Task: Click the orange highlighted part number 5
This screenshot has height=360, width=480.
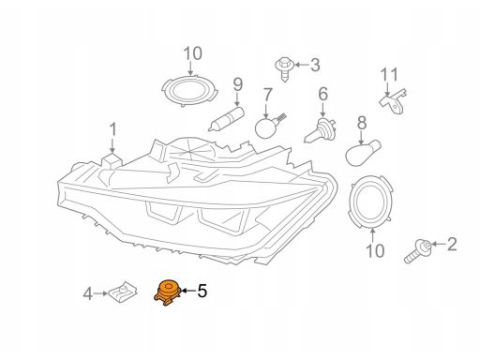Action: pos(168,292)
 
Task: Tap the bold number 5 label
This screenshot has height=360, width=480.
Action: pos(202,291)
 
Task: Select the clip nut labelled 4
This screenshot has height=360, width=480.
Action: pos(123,293)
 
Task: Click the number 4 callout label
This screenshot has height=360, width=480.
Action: pos(88,294)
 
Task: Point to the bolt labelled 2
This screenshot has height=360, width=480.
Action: pos(418,250)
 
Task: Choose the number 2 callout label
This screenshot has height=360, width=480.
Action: pos(452,244)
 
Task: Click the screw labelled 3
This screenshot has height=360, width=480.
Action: pos(284,69)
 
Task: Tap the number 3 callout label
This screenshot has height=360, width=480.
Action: pos(315,65)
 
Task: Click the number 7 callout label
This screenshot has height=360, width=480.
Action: pos(268,95)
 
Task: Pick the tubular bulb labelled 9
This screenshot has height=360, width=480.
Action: pos(227,119)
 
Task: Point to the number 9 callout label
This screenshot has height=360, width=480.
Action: pos(238,84)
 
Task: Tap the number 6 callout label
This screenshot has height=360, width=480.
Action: pos(322,94)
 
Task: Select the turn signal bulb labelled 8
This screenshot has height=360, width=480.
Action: pos(363,153)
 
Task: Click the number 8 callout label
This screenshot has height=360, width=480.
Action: pos(362,123)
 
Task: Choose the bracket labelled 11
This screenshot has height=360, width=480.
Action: pos(394,101)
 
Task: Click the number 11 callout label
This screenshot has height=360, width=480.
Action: pos(389,75)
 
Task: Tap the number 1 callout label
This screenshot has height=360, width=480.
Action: pos(112,129)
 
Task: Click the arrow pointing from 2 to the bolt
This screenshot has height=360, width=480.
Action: pos(439,244)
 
